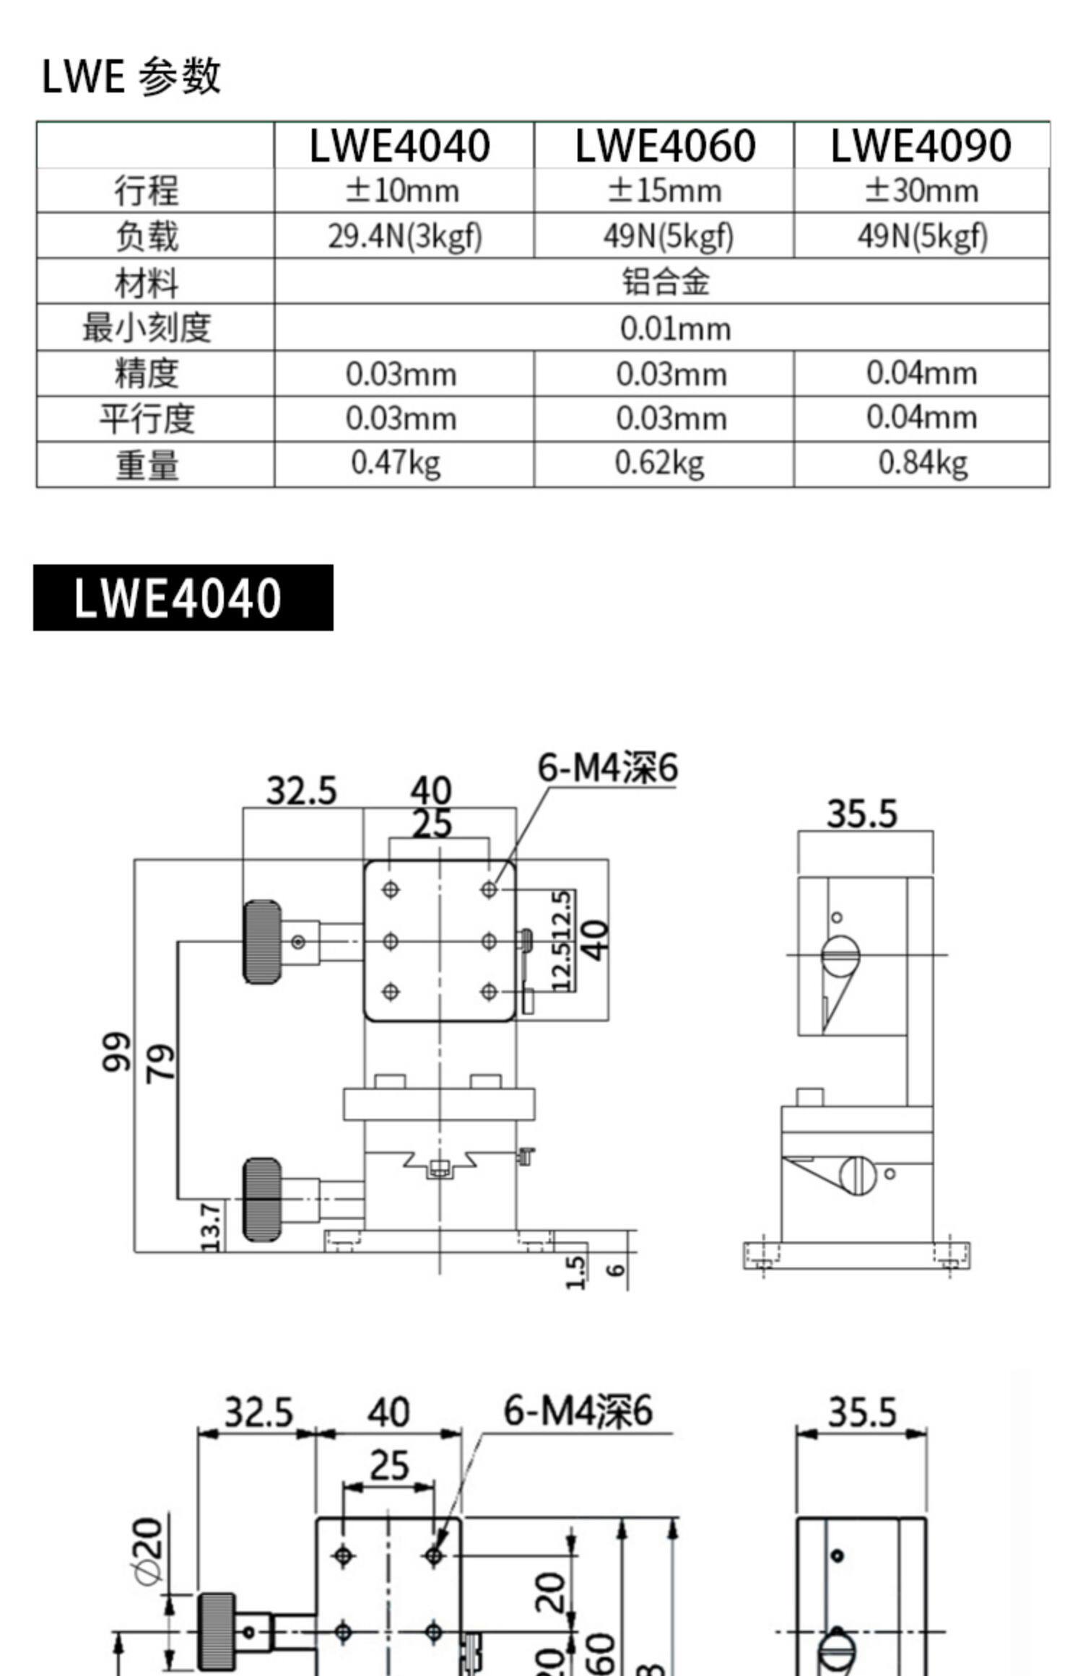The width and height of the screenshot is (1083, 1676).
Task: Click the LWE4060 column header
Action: [664, 146]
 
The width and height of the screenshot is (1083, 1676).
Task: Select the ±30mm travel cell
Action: [921, 191]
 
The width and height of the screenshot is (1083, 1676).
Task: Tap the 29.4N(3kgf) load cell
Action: [404, 236]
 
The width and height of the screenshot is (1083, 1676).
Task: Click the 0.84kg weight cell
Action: [922, 463]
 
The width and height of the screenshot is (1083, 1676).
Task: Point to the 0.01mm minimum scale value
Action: [675, 329]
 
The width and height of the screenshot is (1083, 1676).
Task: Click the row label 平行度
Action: [147, 419]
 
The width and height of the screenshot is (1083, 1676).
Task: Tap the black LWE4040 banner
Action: [183, 598]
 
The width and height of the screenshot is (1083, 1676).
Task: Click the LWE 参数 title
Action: [131, 76]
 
